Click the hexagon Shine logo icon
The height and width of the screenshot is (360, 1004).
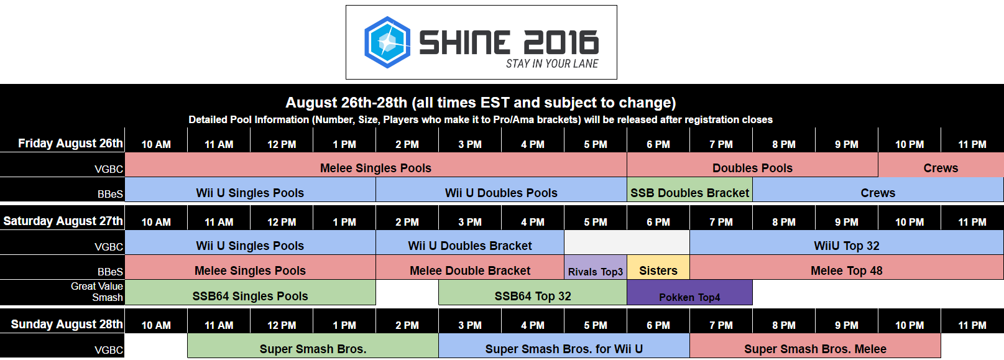point(387,42)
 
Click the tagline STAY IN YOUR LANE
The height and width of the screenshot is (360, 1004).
point(551,63)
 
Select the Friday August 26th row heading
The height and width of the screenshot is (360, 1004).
point(70,143)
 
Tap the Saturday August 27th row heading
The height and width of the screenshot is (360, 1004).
point(63,221)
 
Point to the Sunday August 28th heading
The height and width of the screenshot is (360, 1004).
point(67,324)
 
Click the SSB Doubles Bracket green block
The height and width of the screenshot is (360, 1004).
point(689,193)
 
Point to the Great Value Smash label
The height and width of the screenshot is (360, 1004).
point(97,292)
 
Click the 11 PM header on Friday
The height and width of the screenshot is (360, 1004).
point(972,144)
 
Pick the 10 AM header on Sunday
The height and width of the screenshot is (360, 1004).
point(156,325)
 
